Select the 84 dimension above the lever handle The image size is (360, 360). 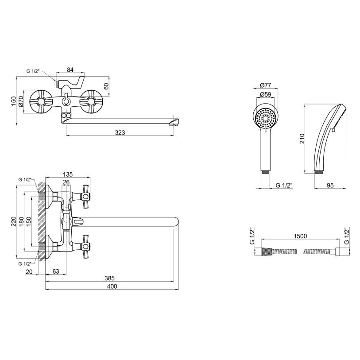70,70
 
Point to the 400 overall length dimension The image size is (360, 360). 112,286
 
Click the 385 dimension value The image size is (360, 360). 109,278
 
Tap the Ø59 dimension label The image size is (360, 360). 266,94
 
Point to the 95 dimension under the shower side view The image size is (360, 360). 330,186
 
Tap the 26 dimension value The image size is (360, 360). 66,182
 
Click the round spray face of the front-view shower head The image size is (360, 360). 266,118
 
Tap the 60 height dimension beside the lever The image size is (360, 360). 106,86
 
